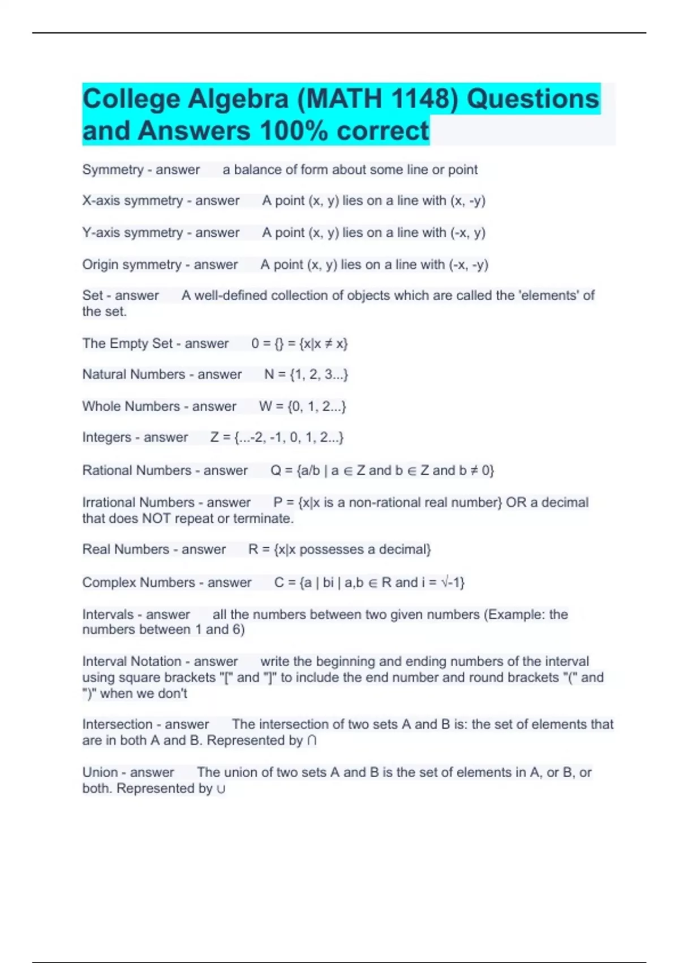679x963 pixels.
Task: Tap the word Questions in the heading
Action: click(x=532, y=99)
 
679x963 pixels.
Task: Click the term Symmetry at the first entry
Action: click(x=113, y=169)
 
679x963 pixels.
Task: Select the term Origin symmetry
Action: click(x=132, y=265)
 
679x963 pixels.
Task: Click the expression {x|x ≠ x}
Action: click(x=324, y=343)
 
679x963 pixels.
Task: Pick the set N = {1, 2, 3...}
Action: click(x=306, y=374)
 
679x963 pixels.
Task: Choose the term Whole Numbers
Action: click(x=131, y=406)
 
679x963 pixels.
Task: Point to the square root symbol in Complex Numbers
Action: click(x=445, y=582)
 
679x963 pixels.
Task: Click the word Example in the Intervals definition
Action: click(x=516, y=615)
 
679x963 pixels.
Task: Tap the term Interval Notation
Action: click(x=132, y=662)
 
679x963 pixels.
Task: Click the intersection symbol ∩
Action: click(x=312, y=741)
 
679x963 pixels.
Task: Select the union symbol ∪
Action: click(x=221, y=789)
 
